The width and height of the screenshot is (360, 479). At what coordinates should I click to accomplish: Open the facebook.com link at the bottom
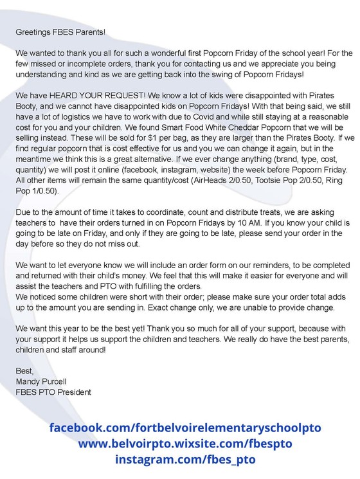coord(184,428)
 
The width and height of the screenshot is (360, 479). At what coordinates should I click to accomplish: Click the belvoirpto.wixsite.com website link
coord(184,444)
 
